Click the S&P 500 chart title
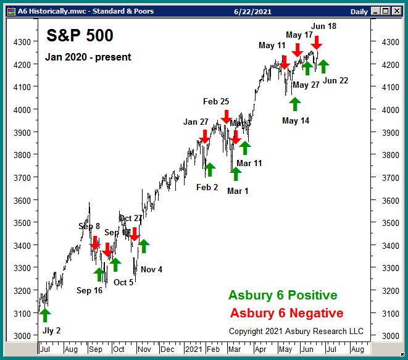[80, 36]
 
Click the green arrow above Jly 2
[45, 315]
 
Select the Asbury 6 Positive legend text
[283, 296]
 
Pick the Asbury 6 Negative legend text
[286, 313]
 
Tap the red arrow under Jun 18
[317, 43]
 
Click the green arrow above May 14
[294, 104]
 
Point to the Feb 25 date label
[216, 101]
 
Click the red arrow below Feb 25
[226, 116]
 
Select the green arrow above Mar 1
[235, 174]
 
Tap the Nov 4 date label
[151, 269]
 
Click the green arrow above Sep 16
[99, 274]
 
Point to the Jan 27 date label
[196, 122]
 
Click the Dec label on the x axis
[167, 349]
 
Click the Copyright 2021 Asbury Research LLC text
[296, 331]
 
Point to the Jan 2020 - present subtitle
[88, 57]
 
